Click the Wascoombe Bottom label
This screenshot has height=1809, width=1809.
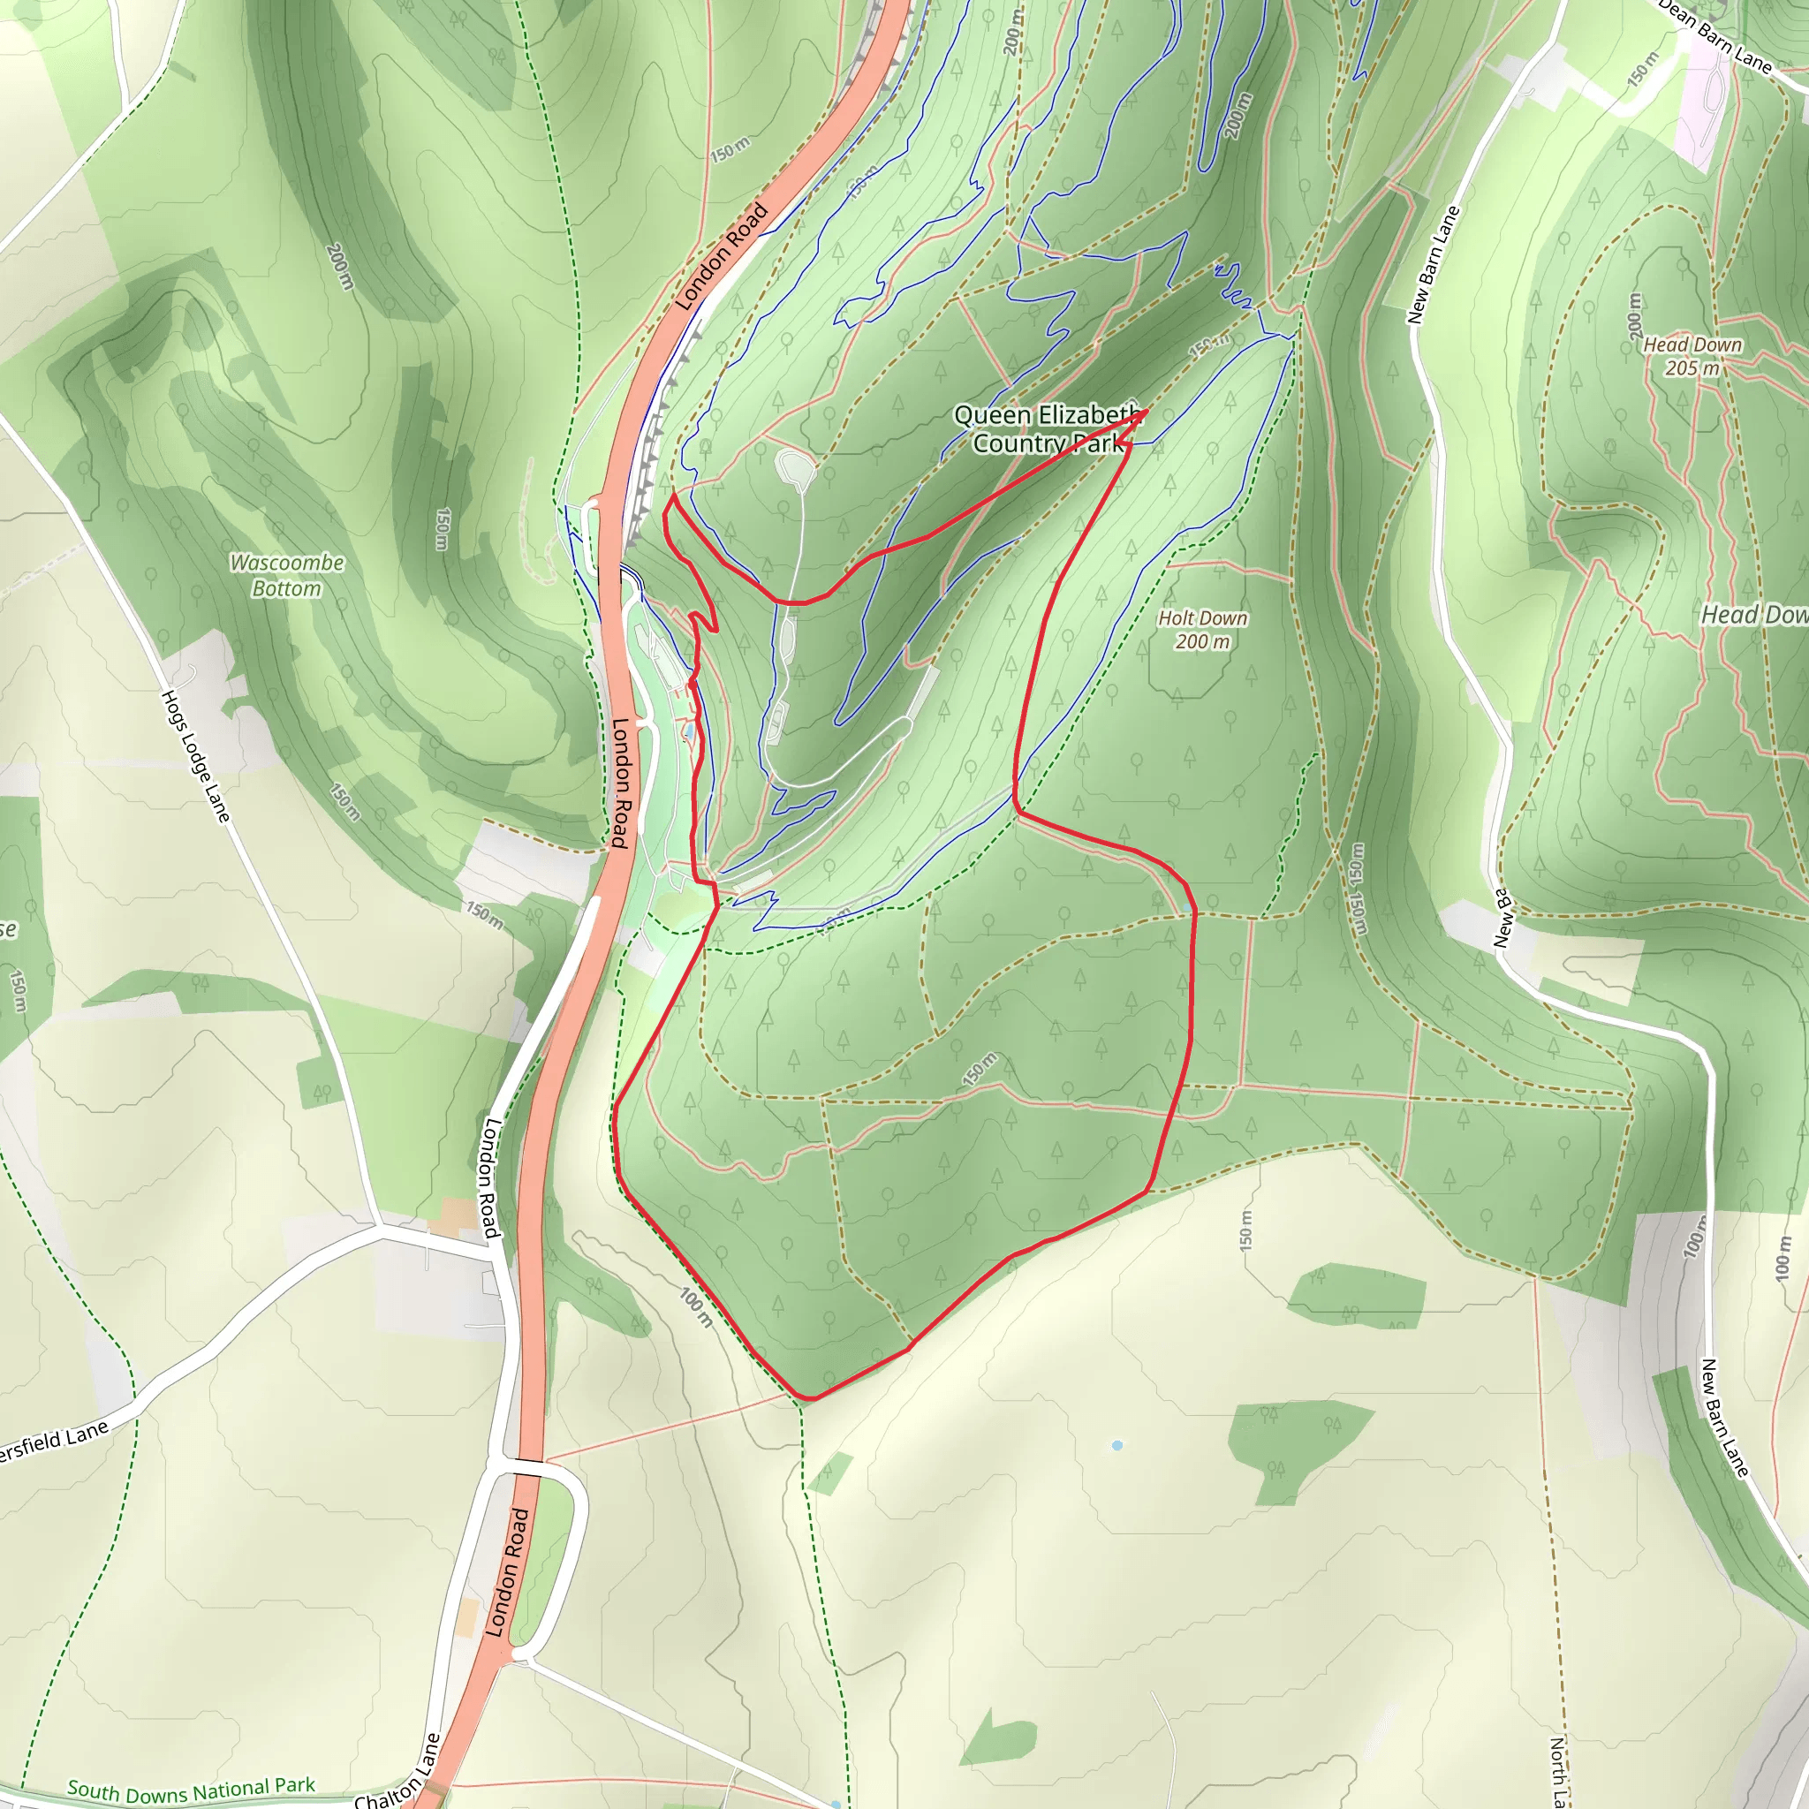[x=286, y=575]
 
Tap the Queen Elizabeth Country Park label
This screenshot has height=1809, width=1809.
[x=1048, y=428]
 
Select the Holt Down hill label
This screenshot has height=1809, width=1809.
[x=1202, y=629]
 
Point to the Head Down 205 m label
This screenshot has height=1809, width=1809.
[x=1692, y=357]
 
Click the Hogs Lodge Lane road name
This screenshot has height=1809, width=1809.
[x=196, y=757]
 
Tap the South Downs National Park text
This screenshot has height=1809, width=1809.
[x=191, y=1790]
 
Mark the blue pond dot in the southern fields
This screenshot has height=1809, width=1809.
[x=1117, y=1446]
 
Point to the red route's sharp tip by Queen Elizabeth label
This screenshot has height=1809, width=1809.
[x=1147, y=411]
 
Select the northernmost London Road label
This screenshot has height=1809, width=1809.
[x=721, y=256]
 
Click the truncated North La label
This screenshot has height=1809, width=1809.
[x=1558, y=1772]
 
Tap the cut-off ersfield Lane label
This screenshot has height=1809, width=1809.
[x=53, y=1440]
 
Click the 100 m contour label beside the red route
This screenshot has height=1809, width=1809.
[x=697, y=1307]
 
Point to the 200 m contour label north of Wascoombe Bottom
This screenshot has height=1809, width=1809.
[x=339, y=266]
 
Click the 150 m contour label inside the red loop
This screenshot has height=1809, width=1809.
[x=980, y=1070]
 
